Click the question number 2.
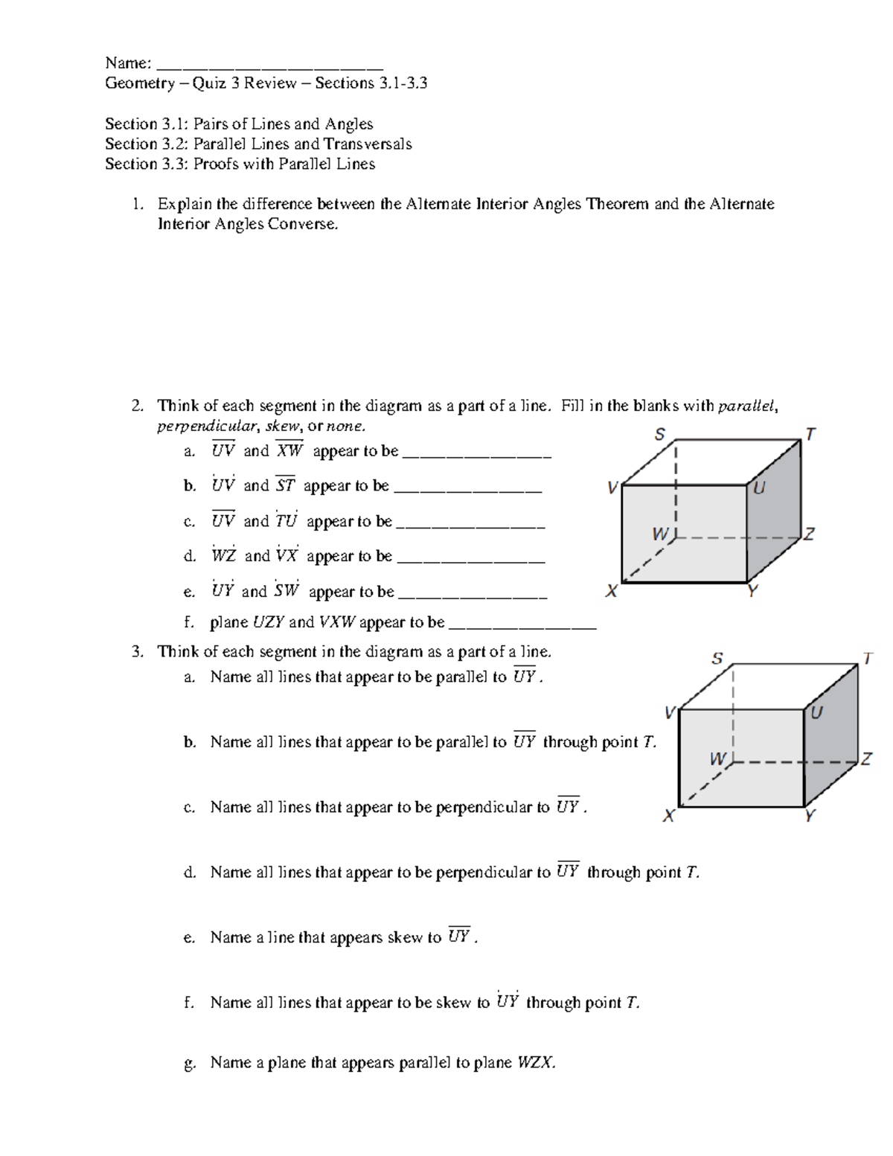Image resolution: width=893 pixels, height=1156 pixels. (137, 406)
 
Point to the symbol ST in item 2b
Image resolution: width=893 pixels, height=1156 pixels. (285, 485)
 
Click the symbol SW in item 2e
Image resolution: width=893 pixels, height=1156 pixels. (287, 591)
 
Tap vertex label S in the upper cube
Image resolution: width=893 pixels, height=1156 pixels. (660, 435)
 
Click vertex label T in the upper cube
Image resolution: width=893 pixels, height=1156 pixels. (810, 434)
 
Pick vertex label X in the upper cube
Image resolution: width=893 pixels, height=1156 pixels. (612, 592)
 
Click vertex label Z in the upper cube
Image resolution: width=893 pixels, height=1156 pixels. (809, 534)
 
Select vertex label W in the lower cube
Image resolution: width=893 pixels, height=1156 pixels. (717, 759)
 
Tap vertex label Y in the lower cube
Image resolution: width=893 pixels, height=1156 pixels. (810, 816)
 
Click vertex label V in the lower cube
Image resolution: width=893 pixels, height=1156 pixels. (670, 713)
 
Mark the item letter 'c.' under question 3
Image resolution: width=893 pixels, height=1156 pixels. (189, 808)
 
